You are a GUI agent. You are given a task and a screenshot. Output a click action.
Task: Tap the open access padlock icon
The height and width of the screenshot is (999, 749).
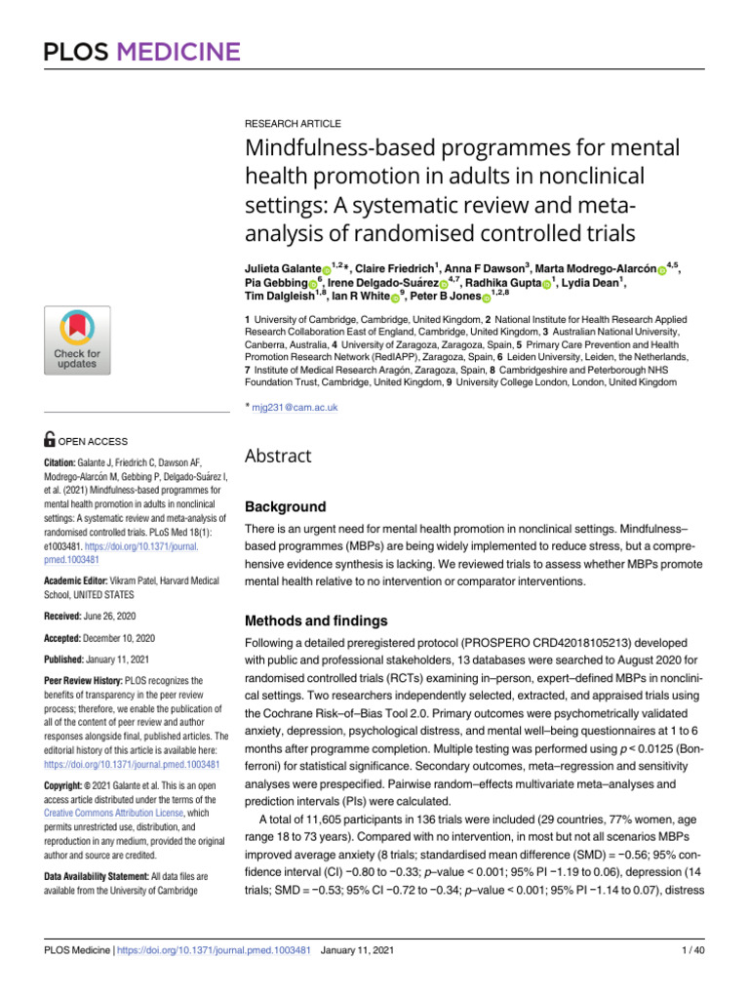51,441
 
